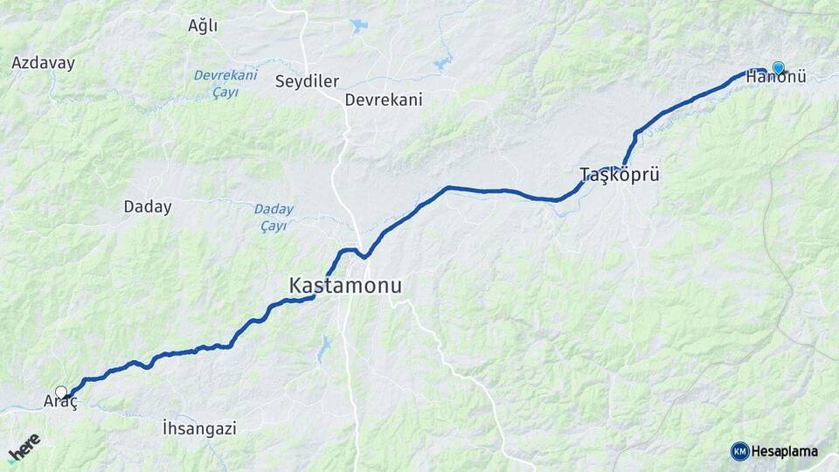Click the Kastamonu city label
click(346, 286)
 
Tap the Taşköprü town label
click(620, 175)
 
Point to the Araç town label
click(60, 402)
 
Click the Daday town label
click(148, 207)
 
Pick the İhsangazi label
click(199, 428)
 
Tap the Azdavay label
click(43, 63)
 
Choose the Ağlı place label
click(203, 25)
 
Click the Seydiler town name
click(307, 81)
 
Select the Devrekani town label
click(384, 100)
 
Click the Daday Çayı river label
click(274, 218)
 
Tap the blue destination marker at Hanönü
click(778, 67)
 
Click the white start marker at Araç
click(60, 392)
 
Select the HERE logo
click(24, 448)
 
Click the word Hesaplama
click(785, 451)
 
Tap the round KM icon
click(739, 451)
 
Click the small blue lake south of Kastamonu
click(324, 350)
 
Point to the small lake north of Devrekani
click(359, 26)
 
